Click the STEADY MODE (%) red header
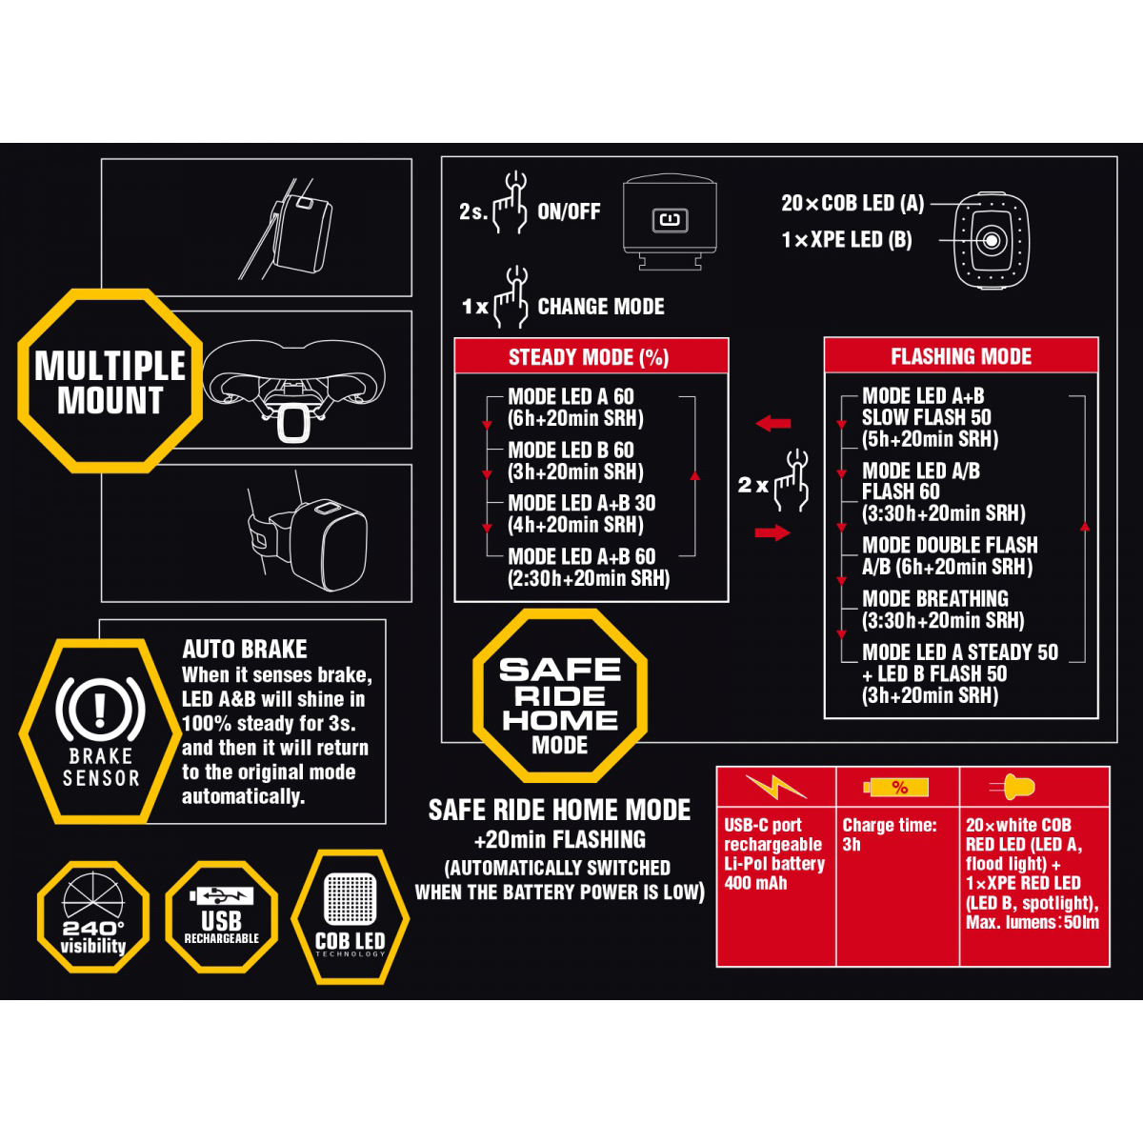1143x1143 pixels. pos(591,356)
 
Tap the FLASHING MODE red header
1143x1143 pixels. pos(961,355)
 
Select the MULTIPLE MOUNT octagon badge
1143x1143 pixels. pos(110,381)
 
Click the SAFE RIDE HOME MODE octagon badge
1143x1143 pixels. pos(560,695)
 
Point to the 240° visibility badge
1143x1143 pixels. pos(93,917)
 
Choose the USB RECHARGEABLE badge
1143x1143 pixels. pos(221,917)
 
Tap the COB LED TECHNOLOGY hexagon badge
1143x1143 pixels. pos(350,917)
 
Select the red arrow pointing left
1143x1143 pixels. pos(772,424)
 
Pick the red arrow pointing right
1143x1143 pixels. pos(772,532)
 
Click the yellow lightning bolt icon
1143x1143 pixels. pos(776,787)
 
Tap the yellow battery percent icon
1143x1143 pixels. pos(895,788)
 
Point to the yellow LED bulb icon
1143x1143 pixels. pos(1013,787)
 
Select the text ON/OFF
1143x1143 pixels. pos(569,211)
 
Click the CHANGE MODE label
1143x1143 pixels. pos(601,307)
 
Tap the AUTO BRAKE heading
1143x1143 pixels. pos(245,649)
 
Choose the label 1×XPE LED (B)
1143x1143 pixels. pos(847,240)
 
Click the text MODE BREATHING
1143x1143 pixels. pos(934,598)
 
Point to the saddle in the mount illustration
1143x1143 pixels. pos(293,373)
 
